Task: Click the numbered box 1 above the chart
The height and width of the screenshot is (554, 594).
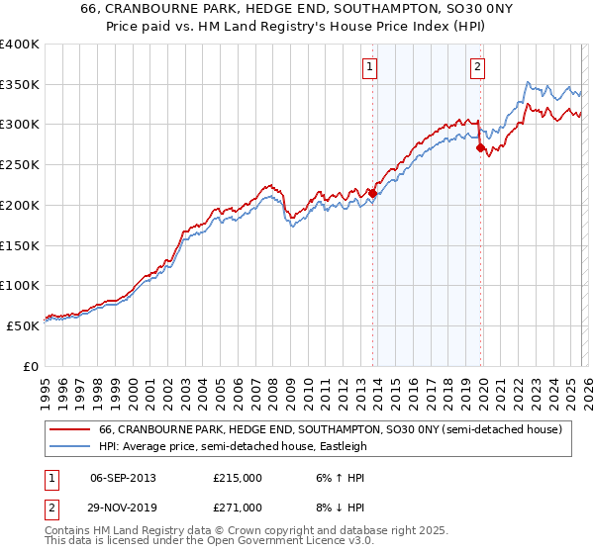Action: click(369, 67)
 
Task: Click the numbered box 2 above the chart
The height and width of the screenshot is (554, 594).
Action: click(477, 67)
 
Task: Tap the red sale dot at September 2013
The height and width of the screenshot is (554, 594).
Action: click(372, 193)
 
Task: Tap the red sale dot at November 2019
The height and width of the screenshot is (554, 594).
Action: click(480, 148)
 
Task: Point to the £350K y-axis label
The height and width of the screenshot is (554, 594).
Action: click(20, 85)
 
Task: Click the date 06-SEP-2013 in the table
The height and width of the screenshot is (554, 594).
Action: click(123, 478)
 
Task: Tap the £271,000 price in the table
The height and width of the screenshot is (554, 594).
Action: click(238, 508)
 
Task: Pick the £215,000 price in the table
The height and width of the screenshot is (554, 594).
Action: click(238, 478)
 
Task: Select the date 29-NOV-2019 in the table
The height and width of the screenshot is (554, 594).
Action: click(124, 508)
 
